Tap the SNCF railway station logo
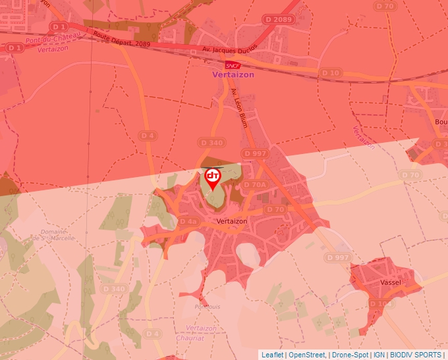(x=233, y=65)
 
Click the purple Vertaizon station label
(x=233, y=75)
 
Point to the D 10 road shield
(x=331, y=72)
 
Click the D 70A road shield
(x=254, y=185)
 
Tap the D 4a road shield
(x=188, y=222)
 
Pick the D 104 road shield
(x=380, y=304)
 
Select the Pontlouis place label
(x=208, y=306)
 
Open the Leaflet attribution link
(x=272, y=355)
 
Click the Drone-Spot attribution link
(x=349, y=355)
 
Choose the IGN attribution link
(x=379, y=355)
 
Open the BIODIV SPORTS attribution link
(x=416, y=355)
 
